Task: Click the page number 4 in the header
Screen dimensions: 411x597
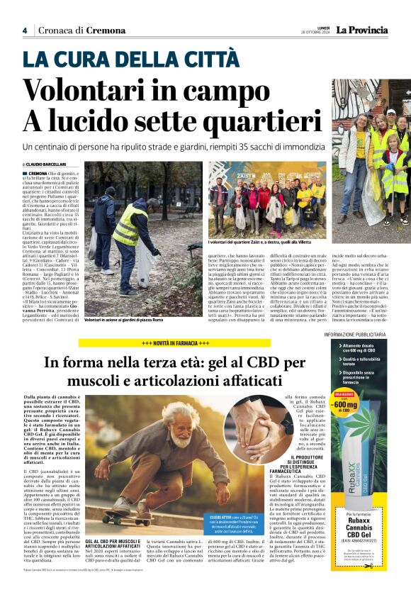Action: pyautogui.click(x=25, y=30)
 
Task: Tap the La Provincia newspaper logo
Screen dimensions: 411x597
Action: pyautogui.click(x=362, y=30)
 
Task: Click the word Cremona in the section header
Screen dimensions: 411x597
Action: pyautogui.click(x=106, y=30)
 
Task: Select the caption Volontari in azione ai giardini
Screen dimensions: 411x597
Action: pyautogui.click(x=124, y=320)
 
